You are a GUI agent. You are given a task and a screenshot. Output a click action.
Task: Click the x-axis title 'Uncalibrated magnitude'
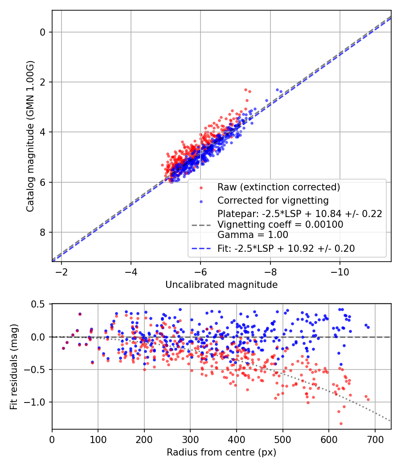coord(221,284)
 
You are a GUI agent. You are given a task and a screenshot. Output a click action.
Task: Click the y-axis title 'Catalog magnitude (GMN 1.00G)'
coord(30,135)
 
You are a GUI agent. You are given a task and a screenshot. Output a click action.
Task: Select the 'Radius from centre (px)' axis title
coord(221,452)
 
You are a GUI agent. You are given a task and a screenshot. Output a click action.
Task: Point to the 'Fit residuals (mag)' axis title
coord(14,366)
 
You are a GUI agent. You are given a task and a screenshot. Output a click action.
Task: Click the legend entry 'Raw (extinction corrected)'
coord(278,187)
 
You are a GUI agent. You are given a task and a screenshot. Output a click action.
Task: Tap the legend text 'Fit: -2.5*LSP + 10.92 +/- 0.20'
coord(286,249)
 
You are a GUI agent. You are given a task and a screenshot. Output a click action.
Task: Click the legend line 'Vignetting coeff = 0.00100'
coord(280,225)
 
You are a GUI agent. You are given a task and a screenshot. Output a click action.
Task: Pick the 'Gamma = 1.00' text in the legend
coord(253,235)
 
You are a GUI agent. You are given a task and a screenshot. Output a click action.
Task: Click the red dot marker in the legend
coord(201,187)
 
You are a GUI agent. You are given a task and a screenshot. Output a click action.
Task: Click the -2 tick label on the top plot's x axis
coord(61,272)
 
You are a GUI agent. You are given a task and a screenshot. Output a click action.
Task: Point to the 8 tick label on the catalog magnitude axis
coord(43,232)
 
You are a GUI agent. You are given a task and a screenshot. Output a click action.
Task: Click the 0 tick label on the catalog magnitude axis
coord(43,32)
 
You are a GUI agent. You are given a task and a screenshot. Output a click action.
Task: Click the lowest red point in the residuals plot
coord(341,423)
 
